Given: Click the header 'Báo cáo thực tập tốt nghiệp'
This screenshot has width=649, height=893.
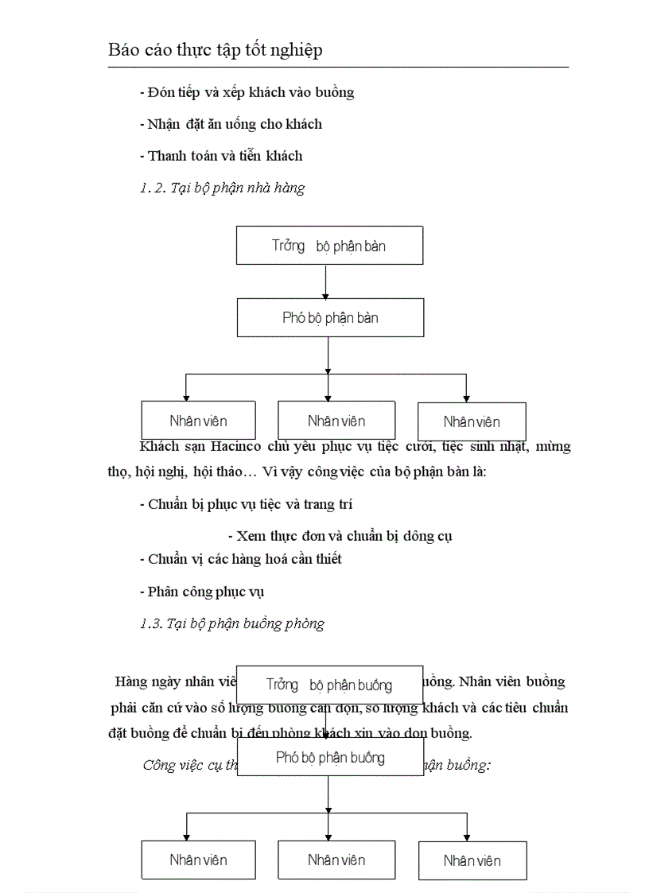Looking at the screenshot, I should point(216,50).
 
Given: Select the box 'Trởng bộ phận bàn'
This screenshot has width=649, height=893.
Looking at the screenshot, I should point(329,245).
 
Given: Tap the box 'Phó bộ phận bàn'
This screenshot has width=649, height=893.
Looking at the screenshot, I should point(330,317).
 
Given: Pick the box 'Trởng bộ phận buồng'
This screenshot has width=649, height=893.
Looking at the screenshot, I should point(329,685).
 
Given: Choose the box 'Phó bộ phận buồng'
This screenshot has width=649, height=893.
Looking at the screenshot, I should point(330,757).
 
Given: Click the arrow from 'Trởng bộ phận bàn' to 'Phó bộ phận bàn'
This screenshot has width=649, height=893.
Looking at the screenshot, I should point(327,281).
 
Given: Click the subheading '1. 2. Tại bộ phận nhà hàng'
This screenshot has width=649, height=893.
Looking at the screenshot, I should point(222,188).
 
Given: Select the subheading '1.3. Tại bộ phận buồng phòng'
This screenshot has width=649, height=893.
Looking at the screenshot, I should point(231,623).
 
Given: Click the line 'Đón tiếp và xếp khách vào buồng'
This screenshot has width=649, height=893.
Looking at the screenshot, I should point(247,92).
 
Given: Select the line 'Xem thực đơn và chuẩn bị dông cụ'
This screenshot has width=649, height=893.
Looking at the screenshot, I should point(340,536).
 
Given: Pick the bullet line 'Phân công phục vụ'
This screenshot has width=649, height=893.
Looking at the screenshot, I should point(201,592).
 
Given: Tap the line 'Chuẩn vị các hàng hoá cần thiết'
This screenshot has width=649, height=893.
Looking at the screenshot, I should point(240,559).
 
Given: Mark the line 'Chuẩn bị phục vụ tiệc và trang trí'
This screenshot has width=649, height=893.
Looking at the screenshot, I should point(246,504).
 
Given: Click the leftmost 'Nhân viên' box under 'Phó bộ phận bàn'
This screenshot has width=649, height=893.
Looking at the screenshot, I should point(198,421).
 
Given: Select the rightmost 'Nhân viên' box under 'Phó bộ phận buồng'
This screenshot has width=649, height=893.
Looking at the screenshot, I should point(472,860).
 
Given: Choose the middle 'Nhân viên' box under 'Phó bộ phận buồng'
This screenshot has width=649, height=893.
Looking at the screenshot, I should point(336,860).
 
